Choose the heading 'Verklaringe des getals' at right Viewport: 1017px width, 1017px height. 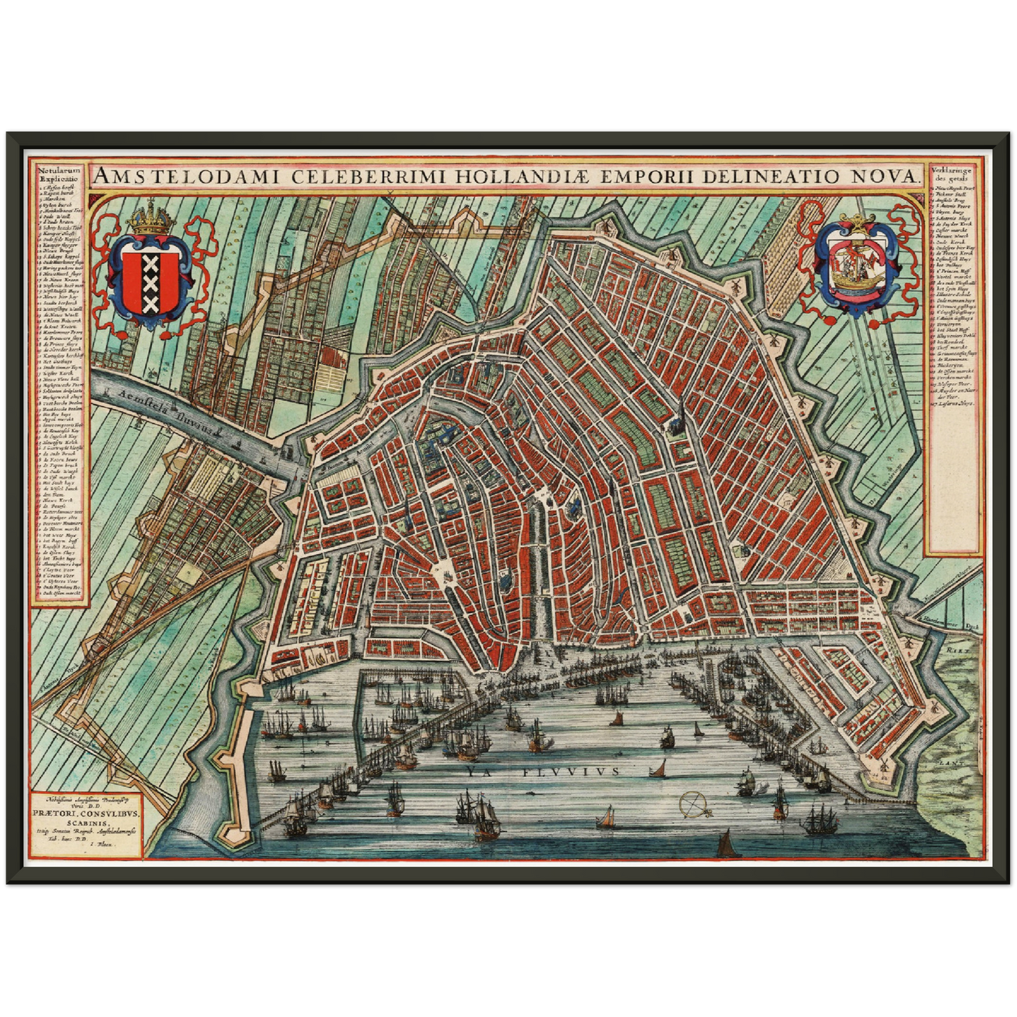tap(952, 174)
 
